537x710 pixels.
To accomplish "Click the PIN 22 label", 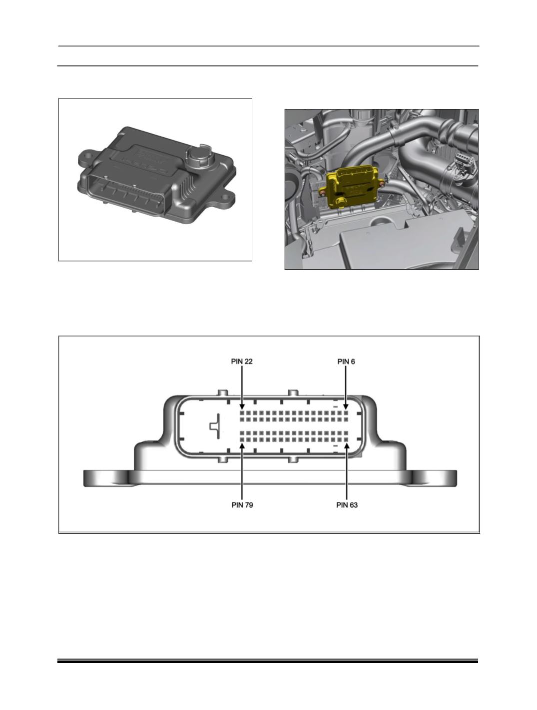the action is tap(242, 361).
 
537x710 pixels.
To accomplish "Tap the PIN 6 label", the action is tap(346, 361).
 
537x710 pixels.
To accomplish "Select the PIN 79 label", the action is tap(242, 505).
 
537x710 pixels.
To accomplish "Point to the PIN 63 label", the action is tap(347, 505).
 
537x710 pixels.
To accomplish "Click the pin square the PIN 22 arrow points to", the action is tap(242, 413).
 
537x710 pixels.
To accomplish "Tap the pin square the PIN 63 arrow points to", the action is tap(347, 439).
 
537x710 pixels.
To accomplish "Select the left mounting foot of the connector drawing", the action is tap(107, 478).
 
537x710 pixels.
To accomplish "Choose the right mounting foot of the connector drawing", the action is tap(434, 478).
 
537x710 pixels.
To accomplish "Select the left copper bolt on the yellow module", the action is tap(323, 193).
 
